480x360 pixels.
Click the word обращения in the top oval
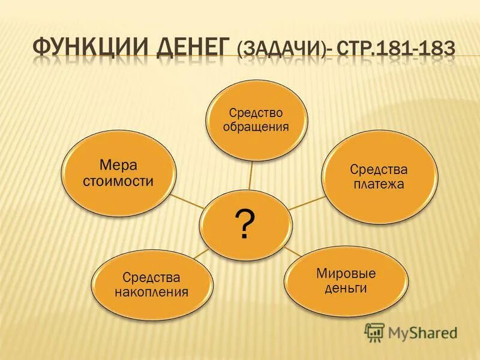(256, 127)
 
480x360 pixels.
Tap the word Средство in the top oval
(256, 113)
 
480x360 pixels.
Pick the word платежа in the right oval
(378, 184)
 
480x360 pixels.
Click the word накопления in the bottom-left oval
(152, 293)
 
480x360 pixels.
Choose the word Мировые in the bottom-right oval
(346, 274)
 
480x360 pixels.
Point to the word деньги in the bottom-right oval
(346, 289)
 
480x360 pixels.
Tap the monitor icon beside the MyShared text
(374, 332)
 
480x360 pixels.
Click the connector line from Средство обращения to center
(252, 174)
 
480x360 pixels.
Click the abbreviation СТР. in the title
(352, 47)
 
